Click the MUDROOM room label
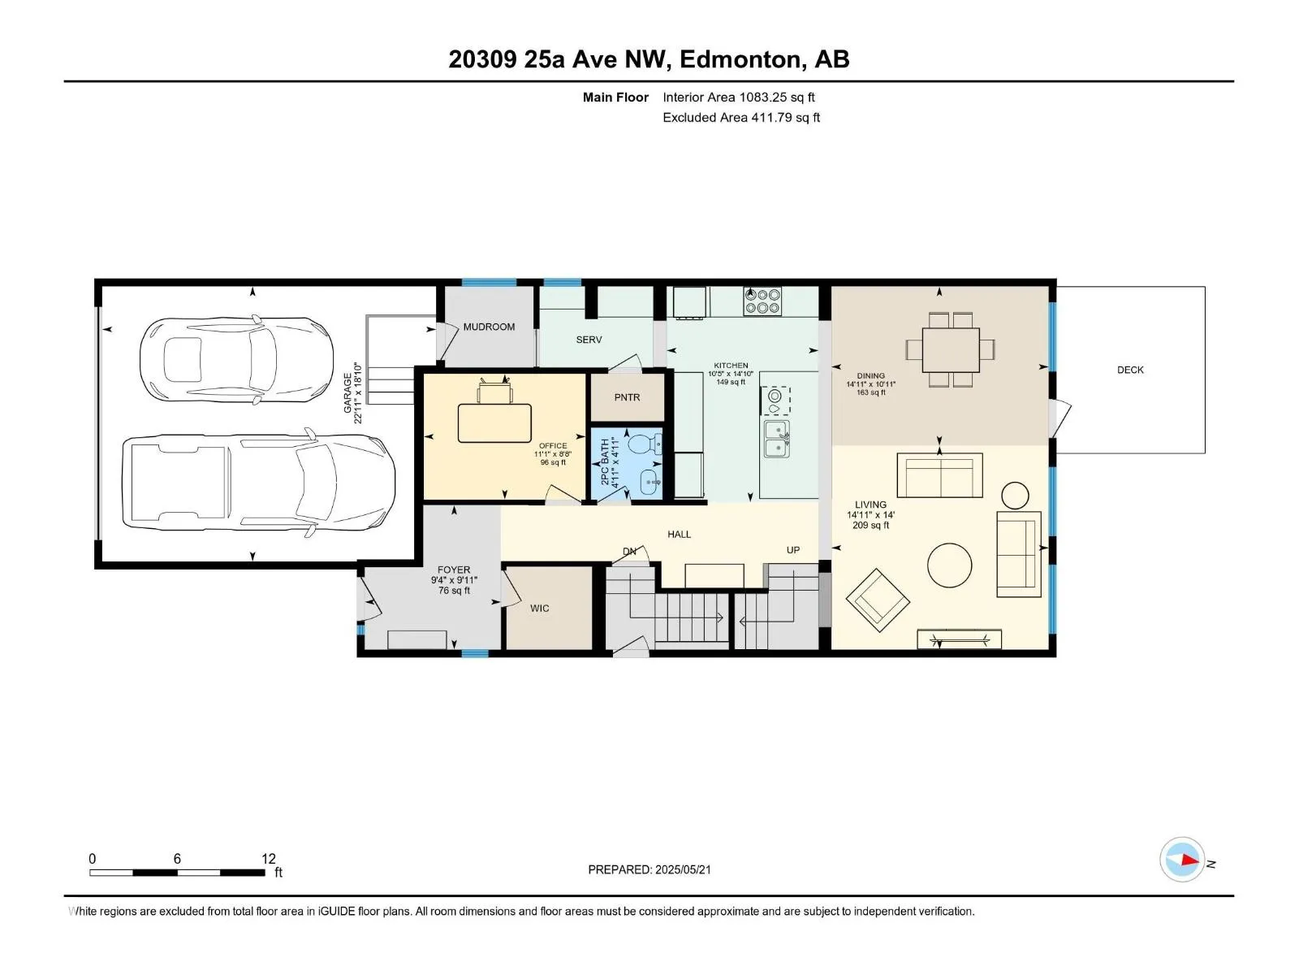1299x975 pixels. tap(489, 327)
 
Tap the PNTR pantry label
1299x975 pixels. tap(627, 398)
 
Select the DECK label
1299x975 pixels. tap(1130, 370)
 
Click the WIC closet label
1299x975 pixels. tap(540, 609)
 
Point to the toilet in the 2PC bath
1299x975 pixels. tap(644, 444)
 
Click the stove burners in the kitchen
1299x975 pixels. tap(762, 301)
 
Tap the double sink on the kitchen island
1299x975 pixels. tap(777, 439)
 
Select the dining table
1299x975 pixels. tap(951, 349)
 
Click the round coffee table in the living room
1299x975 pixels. tap(949, 565)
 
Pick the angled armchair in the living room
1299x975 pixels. tap(878, 600)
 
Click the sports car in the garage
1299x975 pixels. tap(237, 359)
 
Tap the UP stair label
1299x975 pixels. tap(793, 550)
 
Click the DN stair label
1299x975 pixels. tap(629, 551)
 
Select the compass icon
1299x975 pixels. tap(1182, 860)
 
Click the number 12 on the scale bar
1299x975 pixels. tap(269, 858)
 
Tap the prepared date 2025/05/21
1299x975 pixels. tap(683, 869)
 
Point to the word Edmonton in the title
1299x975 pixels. tap(741, 60)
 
